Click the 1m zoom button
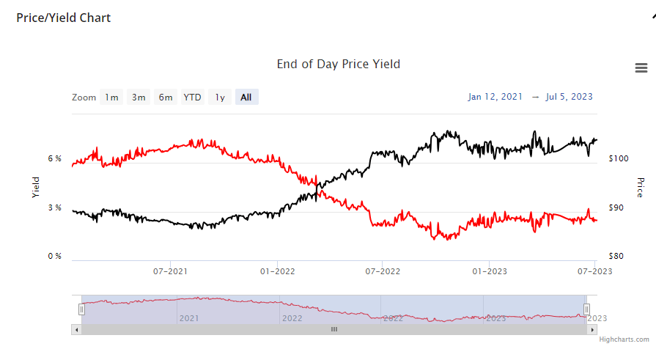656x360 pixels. [x=111, y=97]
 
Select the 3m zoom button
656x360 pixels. [x=139, y=97]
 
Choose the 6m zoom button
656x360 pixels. [x=166, y=97]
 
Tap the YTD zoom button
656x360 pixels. [x=193, y=97]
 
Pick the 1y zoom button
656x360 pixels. [x=220, y=97]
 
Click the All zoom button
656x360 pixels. [x=246, y=97]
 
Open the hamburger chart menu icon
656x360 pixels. [x=641, y=68]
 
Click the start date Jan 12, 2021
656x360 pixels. [x=495, y=97]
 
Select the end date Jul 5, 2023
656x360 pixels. [x=570, y=97]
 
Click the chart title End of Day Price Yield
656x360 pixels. [x=339, y=64]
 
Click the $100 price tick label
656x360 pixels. [x=619, y=159]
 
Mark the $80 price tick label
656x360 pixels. [x=616, y=256]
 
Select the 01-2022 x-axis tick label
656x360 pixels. [x=277, y=271]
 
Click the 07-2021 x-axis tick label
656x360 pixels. [x=170, y=271]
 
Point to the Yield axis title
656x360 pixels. [x=36, y=188]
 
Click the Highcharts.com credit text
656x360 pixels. [x=624, y=339]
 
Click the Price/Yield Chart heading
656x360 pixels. [x=64, y=18]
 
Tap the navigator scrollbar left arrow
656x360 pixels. [x=75, y=329]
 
